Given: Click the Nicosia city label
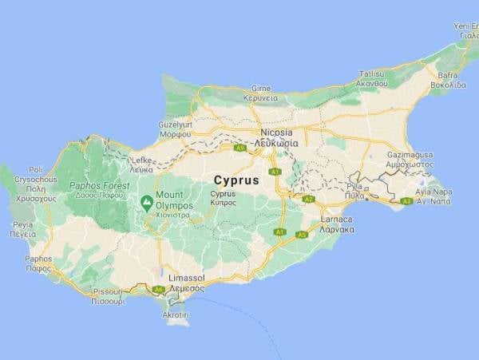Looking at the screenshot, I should [x=276, y=132].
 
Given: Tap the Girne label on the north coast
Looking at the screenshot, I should [x=261, y=88].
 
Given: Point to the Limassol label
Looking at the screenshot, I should [x=185, y=277].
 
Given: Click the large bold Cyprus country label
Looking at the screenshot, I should [x=236, y=180].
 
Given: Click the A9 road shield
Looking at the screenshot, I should [x=239, y=148].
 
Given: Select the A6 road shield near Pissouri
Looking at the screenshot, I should [x=158, y=289].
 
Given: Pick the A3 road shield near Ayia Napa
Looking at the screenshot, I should [x=406, y=201].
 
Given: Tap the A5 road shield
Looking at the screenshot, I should [x=301, y=235].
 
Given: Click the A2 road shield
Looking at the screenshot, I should [x=308, y=199].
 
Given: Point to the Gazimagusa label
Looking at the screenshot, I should [x=409, y=152].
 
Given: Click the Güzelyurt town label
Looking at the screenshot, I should [x=176, y=125].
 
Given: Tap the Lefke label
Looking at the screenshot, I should [x=141, y=160].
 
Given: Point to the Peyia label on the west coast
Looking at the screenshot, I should [x=23, y=225].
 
